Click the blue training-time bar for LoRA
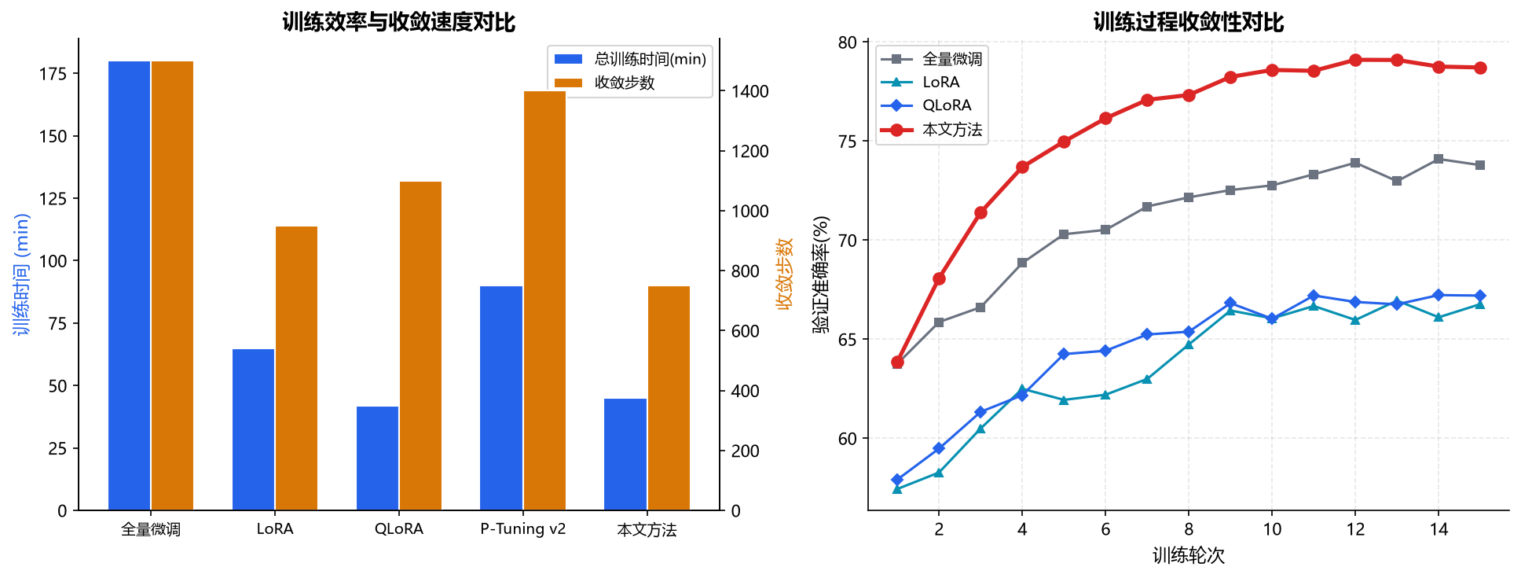(x=253, y=429)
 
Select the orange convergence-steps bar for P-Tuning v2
(x=544, y=300)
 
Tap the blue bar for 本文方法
(x=625, y=455)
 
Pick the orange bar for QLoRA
(x=420, y=346)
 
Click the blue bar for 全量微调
(x=129, y=285)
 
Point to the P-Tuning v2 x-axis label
(x=523, y=528)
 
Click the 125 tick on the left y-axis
(x=53, y=198)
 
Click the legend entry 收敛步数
(x=624, y=83)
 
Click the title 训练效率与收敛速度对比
(x=399, y=21)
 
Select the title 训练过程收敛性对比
(x=1189, y=21)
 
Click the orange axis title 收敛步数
(x=784, y=274)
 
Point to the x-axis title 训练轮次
(x=1189, y=555)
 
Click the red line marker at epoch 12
(x=1355, y=60)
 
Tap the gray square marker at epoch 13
(x=1397, y=181)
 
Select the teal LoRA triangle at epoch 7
(x=1147, y=379)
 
